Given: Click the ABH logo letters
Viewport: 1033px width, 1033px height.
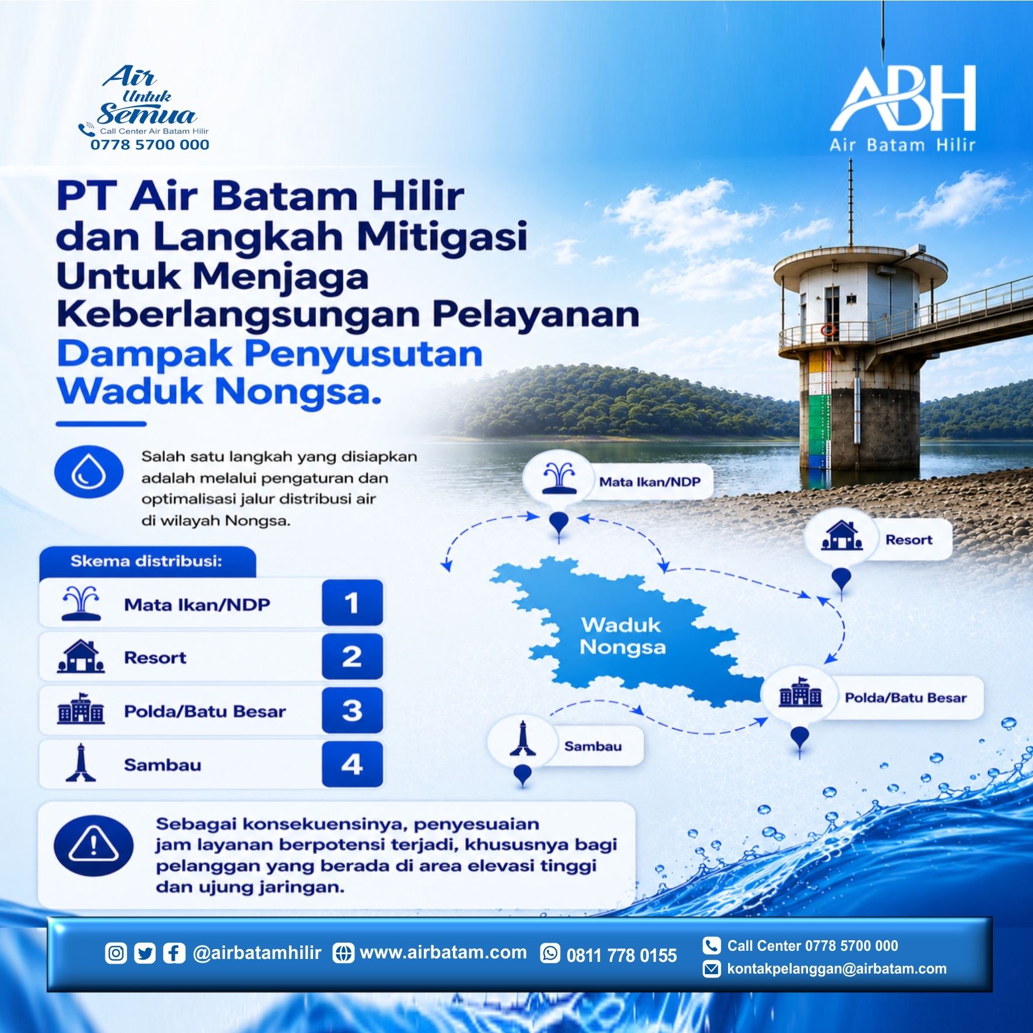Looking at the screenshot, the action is [903, 98].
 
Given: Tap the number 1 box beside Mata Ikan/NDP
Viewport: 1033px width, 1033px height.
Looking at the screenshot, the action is [352, 603].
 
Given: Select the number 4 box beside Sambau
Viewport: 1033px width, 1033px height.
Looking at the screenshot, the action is [352, 764].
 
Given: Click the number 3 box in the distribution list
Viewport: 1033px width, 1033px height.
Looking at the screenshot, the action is [352, 711].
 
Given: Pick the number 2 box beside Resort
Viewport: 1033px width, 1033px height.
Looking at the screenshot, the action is [352, 657].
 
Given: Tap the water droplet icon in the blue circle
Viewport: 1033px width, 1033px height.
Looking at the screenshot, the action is [89, 472].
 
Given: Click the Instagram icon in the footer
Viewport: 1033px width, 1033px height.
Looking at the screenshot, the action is [116, 953].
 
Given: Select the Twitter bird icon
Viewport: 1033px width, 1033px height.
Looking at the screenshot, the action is [145, 953].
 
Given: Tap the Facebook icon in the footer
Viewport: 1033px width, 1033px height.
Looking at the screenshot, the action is [174, 953].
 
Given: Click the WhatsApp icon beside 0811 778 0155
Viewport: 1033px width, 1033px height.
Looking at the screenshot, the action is [550, 953].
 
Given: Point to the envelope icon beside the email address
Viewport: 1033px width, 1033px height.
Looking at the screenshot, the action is [711, 969].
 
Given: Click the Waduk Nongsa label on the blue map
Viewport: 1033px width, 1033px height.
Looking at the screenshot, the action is [622, 636].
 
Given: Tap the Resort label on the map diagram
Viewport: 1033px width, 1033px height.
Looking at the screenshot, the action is [909, 540].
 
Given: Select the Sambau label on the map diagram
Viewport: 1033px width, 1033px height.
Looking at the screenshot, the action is [593, 746].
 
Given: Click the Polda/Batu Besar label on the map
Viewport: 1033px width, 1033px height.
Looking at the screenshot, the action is [905, 698].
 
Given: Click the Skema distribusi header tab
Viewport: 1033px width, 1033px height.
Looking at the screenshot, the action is [147, 562].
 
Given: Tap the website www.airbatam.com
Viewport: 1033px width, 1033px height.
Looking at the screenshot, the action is [443, 953].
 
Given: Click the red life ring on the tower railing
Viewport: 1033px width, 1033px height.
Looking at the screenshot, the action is [828, 331].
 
